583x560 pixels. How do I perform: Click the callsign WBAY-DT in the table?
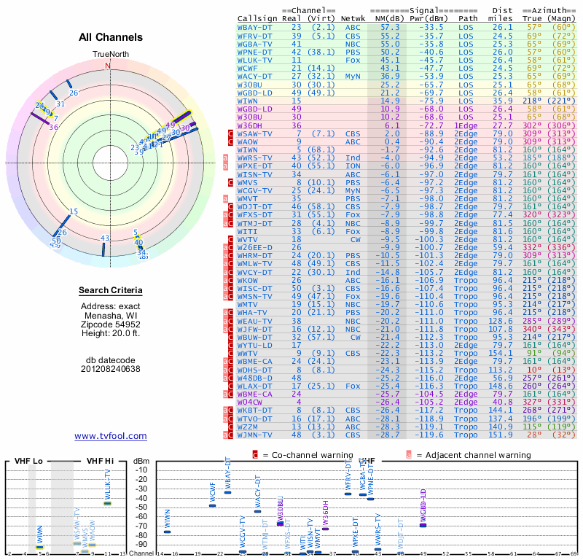pos(255,27)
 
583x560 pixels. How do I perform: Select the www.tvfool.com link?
pos(110,436)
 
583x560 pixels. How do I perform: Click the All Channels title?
pos(111,37)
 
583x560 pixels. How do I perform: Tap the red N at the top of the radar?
pos(108,66)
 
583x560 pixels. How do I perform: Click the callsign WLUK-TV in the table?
pos(255,60)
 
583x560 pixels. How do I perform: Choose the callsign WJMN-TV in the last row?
pos(255,435)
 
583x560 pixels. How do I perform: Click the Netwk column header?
pos(353,17)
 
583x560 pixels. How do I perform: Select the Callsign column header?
pos(258,17)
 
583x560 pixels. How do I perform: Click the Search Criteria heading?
pos(111,291)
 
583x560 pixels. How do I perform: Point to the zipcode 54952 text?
pos(111,324)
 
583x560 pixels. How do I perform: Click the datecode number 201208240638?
pos(111,369)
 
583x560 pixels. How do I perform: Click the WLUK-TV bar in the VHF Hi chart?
pos(108,503)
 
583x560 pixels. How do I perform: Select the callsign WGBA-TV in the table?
pos(255,43)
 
